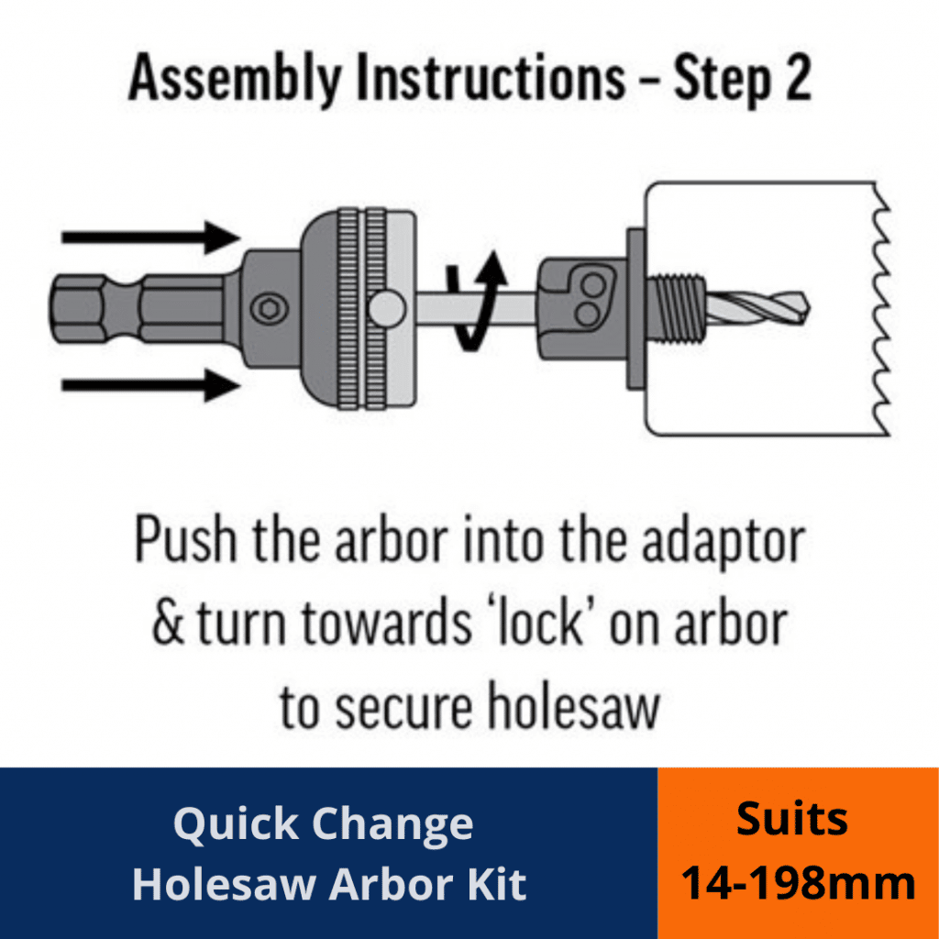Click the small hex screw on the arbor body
(269, 310)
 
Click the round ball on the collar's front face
(389, 307)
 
